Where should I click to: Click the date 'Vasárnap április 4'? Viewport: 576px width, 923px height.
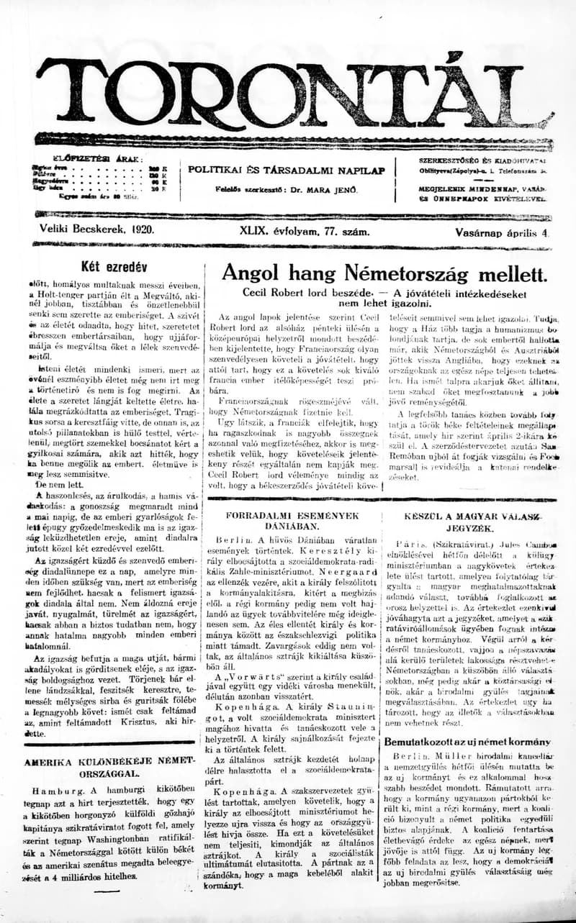(x=501, y=232)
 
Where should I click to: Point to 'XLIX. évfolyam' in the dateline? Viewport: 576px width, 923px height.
(x=276, y=232)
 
